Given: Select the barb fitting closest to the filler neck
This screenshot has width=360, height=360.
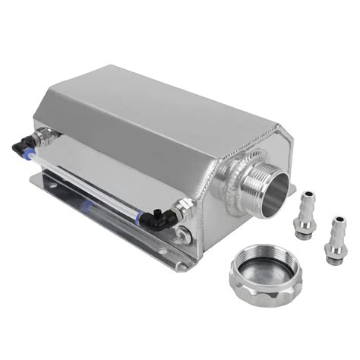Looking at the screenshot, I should click(x=305, y=213).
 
